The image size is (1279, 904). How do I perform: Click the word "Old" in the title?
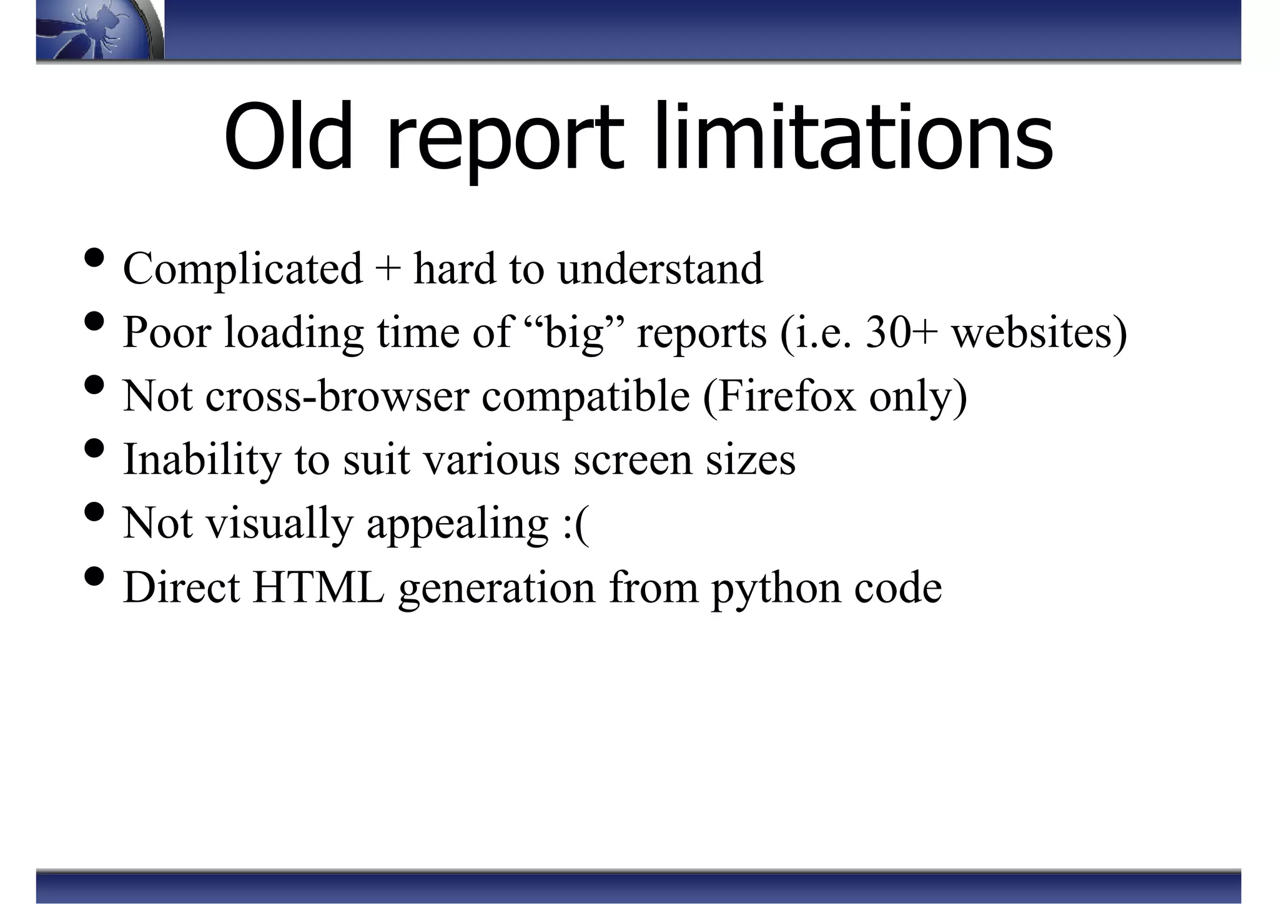(289, 138)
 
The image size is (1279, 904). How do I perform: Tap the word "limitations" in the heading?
(854, 138)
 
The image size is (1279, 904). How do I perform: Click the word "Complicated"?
(243, 268)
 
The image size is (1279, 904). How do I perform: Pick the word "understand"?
(660, 268)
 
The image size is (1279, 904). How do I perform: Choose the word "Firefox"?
(788, 396)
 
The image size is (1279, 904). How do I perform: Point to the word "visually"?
(280, 524)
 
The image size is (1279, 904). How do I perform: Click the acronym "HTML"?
(319, 587)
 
